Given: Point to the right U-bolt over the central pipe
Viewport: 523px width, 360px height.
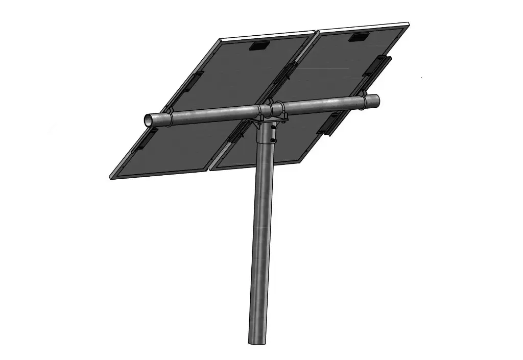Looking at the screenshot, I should [279, 108].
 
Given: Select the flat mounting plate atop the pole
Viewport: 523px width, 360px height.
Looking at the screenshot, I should [268, 118].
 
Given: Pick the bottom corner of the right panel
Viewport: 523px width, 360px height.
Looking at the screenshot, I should [210, 169].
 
